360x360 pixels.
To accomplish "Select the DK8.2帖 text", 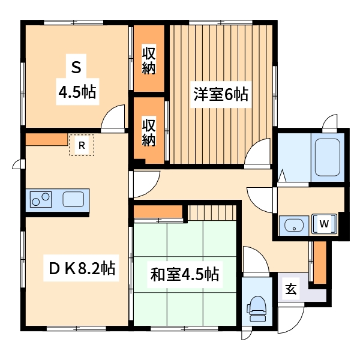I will coord(81,268).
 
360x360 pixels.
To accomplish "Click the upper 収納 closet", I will coord(149,59).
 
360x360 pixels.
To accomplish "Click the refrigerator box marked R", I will coord(82,145).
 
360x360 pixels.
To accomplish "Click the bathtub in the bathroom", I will coord(326,156).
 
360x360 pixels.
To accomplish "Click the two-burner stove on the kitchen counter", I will coord(40,199).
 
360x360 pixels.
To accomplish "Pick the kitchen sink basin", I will coord(74,199).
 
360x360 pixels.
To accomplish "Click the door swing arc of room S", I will coord(114,118).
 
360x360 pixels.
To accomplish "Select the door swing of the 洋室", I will coord(259,153).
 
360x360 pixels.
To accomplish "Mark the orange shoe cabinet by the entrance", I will coord(320,262).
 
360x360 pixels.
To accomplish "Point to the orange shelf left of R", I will coord(46,140).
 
